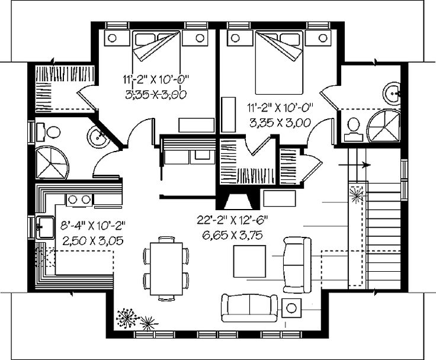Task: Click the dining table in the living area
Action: tap(166, 266)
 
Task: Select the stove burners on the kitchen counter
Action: tap(78, 200)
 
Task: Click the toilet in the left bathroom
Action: tap(51, 132)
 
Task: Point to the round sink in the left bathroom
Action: tap(97, 137)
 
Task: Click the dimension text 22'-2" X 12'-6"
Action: tap(233, 220)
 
